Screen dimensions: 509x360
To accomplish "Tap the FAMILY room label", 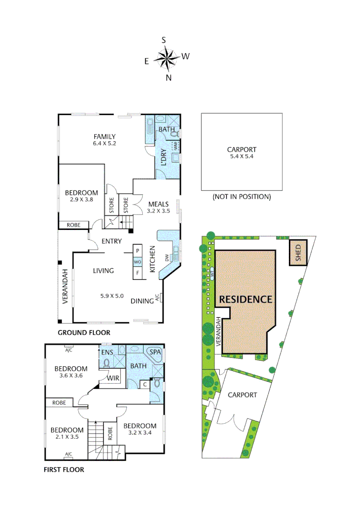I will [x=104, y=137].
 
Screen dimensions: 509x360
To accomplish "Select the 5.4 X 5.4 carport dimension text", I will [x=241, y=156].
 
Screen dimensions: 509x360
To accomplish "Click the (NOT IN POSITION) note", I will [x=241, y=197].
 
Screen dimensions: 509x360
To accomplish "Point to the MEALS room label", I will [x=158, y=204].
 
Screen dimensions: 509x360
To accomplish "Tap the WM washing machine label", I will [x=175, y=147].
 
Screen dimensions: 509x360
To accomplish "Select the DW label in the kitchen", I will [x=166, y=257].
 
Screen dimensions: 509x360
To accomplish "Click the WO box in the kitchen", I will [x=138, y=262].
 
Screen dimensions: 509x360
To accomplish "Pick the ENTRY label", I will [x=112, y=241].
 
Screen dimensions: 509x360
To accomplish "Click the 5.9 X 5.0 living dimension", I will [x=112, y=296].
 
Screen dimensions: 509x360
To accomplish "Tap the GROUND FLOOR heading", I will [x=84, y=332].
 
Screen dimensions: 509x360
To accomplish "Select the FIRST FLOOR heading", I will [x=64, y=469].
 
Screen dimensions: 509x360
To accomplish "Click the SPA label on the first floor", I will [x=155, y=352].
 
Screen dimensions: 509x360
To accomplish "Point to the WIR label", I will [x=113, y=378].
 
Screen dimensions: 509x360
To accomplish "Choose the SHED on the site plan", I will [x=298, y=253].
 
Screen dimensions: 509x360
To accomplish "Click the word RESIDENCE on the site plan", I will [x=245, y=299].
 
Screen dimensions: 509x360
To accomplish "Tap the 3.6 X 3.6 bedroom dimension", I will [x=71, y=376].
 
